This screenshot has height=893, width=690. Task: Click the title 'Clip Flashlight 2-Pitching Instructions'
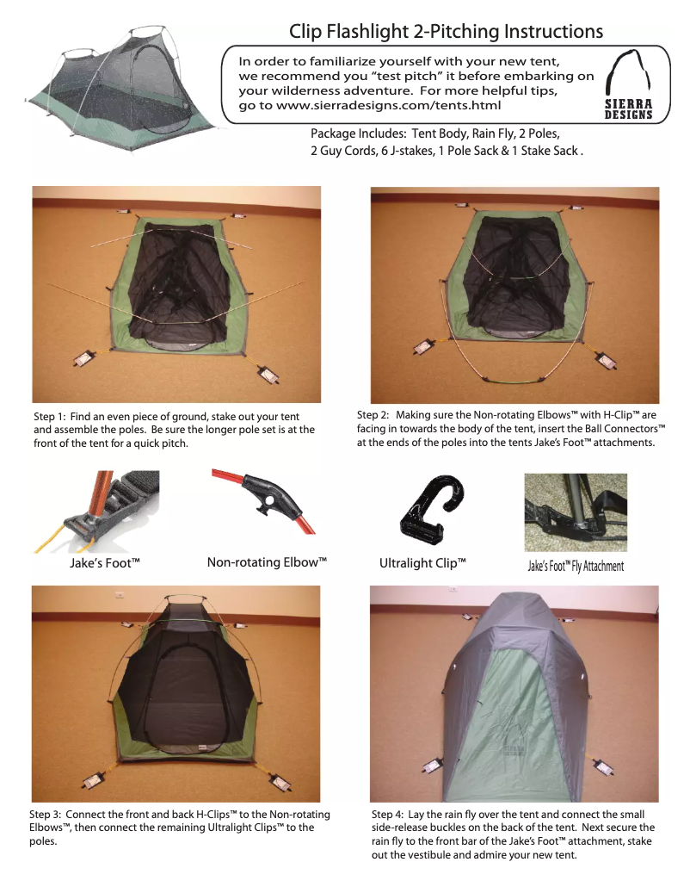click(x=446, y=32)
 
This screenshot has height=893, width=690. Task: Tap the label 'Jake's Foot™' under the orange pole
click(x=104, y=564)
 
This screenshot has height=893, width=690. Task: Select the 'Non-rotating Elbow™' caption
click(x=268, y=563)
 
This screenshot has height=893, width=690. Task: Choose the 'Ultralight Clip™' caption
click(x=422, y=564)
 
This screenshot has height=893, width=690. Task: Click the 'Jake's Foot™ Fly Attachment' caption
click(x=575, y=566)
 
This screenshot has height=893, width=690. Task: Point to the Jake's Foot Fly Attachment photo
click(x=575, y=512)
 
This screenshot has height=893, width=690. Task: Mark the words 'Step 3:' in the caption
click(x=46, y=814)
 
